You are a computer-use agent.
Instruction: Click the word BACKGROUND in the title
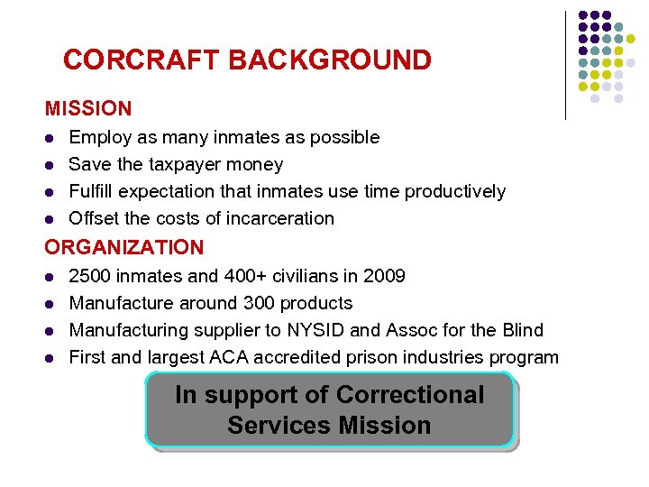330,60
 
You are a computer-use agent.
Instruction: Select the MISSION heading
88,109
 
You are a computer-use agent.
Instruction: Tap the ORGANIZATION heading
124,247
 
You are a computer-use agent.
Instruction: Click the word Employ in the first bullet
98,138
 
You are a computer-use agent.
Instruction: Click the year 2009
382,276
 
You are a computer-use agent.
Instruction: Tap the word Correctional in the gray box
410,395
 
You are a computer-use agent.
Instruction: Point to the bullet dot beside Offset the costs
50,219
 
